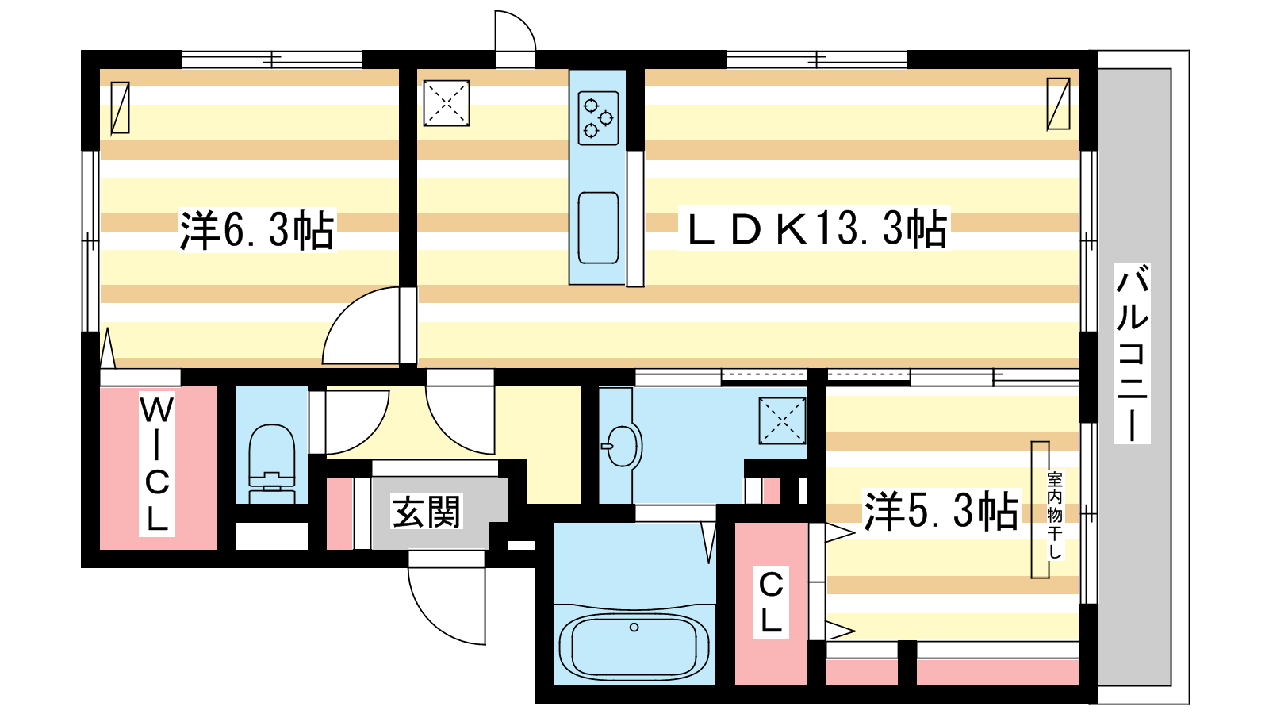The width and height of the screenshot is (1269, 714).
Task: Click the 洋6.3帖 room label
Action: (x=257, y=230)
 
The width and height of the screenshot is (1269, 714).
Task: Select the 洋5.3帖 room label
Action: (x=941, y=511)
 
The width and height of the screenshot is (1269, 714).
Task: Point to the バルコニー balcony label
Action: (x=1132, y=352)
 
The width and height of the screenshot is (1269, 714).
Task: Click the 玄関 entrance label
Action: (x=426, y=512)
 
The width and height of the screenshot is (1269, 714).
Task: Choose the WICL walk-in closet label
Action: (x=157, y=463)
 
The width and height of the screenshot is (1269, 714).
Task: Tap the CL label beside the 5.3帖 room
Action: (x=771, y=602)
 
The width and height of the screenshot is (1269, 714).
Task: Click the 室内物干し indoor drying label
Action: (x=1055, y=515)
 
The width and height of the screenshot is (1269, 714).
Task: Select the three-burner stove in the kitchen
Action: (x=598, y=118)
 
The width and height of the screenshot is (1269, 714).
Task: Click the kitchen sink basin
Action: (x=598, y=228)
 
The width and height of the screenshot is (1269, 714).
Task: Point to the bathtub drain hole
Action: (x=634, y=628)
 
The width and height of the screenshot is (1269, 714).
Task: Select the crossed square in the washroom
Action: (x=782, y=420)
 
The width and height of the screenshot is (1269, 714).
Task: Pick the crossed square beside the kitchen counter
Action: (x=447, y=102)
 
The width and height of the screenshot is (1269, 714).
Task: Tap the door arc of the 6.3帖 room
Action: (x=344, y=310)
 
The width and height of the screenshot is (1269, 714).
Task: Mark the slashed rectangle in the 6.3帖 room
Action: (x=120, y=108)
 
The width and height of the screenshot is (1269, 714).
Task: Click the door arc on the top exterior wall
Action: (x=524, y=24)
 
